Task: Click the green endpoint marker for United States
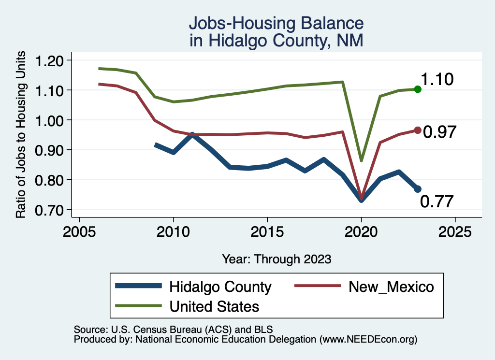pyautogui.click(x=418, y=89)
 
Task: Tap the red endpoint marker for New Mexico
pyautogui.click(x=418, y=130)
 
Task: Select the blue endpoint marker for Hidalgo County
pyautogui.click(x=418, y=189)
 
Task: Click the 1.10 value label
pyautogui.click(x=437, y=79)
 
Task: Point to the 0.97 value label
pyautogui.click(x=439, y=132)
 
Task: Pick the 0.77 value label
pyautogui.click(x=437, y=202)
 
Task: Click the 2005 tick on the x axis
pyautogui.click(x=79, y=231)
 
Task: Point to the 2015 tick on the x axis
pyautogui.click(x=267, y=231)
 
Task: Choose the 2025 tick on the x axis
pyautogui.click(x=455, y=231)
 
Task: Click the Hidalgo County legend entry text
pyautogui.click(x=220, y=287)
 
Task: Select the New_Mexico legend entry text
pyautogui.click(x=391, y=287)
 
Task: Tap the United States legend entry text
pyautogui.click(x=214, y=306)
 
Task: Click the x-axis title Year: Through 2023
pyautogui.click(x=277, y=259)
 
